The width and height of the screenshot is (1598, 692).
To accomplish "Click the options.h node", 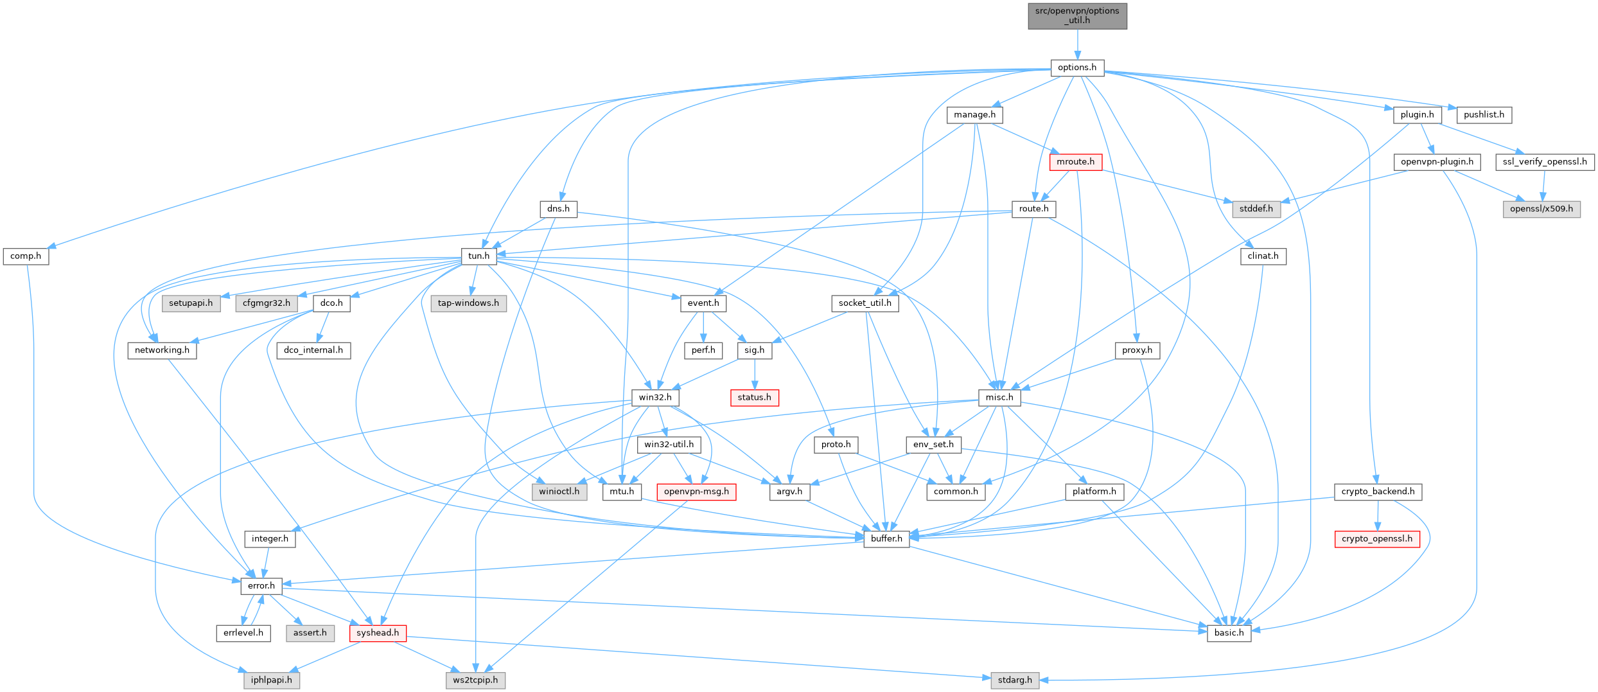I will (1077, 67).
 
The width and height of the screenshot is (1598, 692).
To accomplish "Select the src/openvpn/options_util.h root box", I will (1077, 15).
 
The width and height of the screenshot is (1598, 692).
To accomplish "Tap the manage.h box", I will (974, 115).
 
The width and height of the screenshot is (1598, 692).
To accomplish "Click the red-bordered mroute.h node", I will (1075, 162).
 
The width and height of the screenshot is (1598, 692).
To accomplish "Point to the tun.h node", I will (479, 256).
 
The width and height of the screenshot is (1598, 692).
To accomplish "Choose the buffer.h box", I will (886, 538).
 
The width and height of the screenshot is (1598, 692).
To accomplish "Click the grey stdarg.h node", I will (1015, 680).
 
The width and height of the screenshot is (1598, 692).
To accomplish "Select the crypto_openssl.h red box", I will (1376, 538).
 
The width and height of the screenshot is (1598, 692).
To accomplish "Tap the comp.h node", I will (26, 256).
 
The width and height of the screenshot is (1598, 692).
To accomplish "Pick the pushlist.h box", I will (1484, 115).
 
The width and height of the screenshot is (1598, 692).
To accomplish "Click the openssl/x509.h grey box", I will (1541, 209).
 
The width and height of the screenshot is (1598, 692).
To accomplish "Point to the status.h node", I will (754, 397).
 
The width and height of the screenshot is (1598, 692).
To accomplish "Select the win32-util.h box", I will (669, 444).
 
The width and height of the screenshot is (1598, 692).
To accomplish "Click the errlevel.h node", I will (243, 633).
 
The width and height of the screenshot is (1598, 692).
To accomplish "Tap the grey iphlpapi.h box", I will (271, 680).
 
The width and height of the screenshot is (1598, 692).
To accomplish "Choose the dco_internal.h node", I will (313, 350).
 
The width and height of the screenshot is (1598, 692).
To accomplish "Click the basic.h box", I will (1229, 633).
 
